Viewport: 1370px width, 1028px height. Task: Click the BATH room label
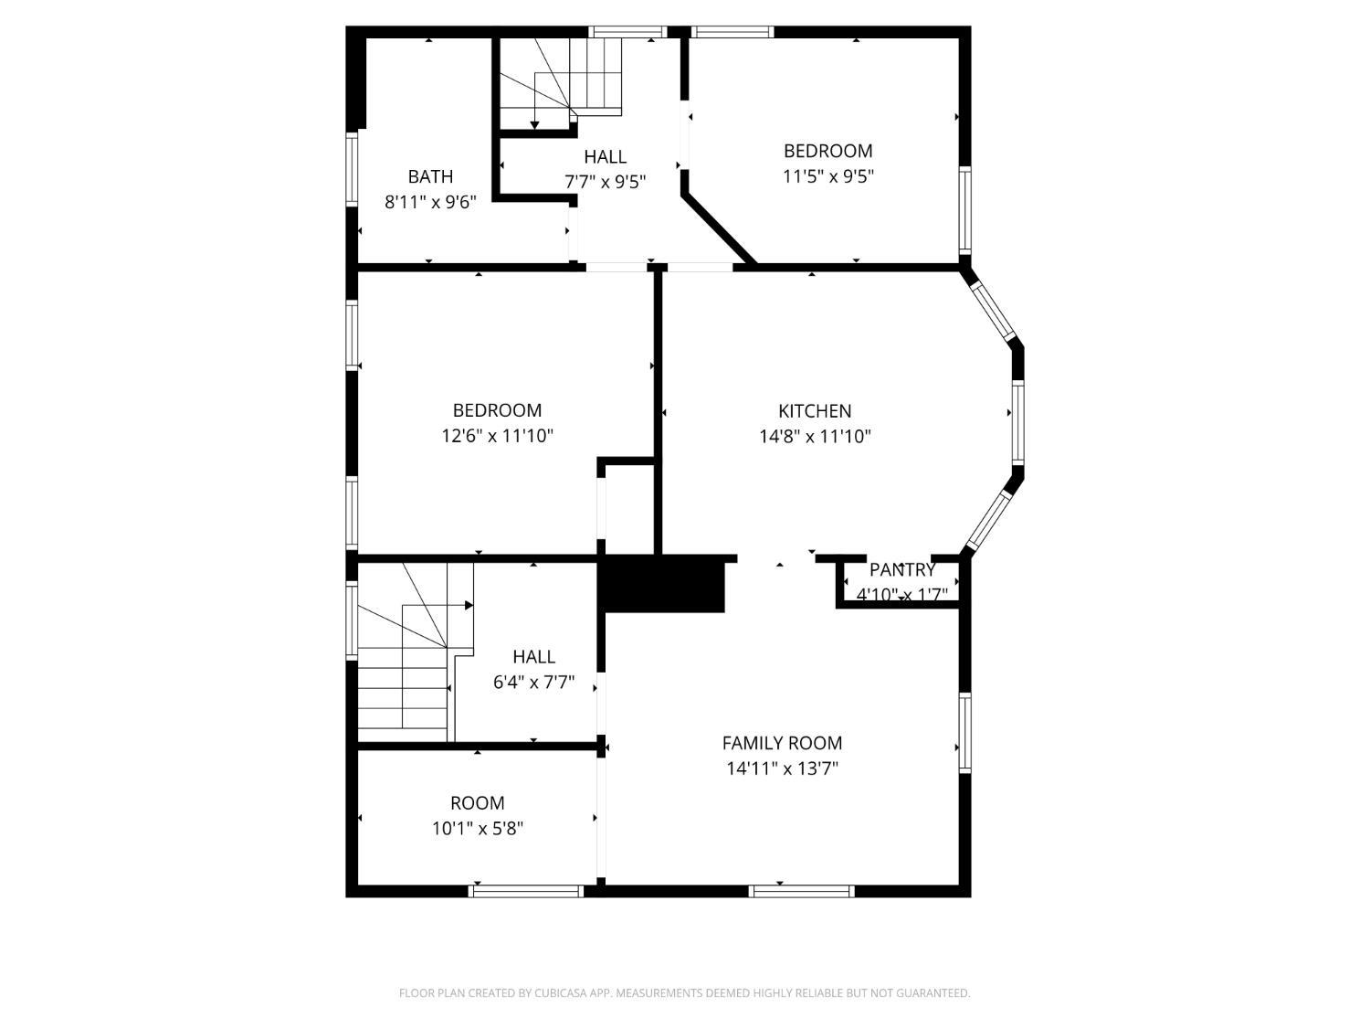pos(430,176)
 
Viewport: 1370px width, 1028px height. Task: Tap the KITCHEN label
pos(815,410)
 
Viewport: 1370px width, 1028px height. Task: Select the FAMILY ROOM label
pos(782,743)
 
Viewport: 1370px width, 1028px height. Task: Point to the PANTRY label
pos(901,569)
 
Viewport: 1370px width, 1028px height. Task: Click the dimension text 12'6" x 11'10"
pos(498,436)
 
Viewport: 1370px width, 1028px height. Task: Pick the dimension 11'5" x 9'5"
pos(828,176)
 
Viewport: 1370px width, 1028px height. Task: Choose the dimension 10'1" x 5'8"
pos(478,828)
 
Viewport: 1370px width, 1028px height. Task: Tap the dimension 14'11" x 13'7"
pos(782,768)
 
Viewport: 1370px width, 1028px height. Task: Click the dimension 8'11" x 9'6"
pos(430,202)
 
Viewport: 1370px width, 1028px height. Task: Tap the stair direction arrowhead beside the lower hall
pos(469,606)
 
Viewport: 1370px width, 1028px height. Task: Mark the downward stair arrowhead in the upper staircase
pos(535,125)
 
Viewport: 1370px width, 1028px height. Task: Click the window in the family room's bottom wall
pos(801,891)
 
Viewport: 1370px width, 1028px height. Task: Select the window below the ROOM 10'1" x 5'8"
pos(526,891)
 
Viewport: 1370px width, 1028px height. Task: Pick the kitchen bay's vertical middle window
pos(1017,422)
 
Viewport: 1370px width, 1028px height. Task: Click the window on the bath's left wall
pos(352,168)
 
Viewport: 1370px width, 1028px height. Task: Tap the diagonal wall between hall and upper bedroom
pos(719,230)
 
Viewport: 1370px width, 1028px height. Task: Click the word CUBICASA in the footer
pos(562,993)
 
